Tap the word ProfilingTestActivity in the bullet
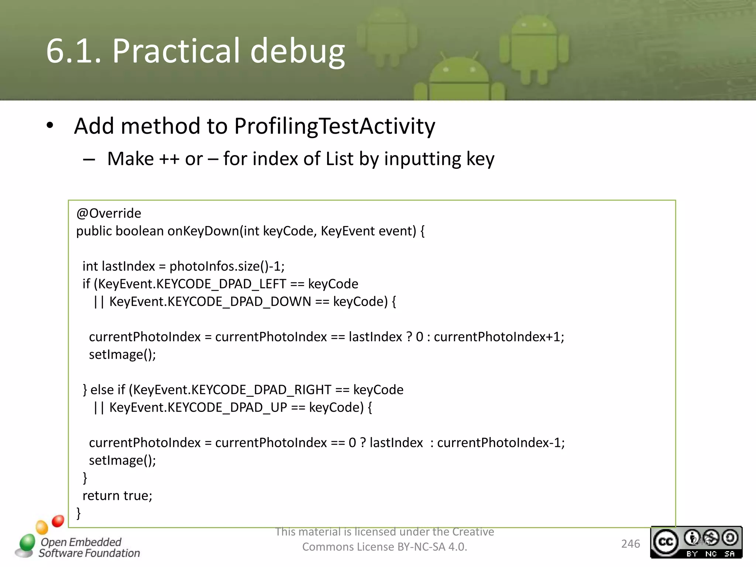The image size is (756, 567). coord(334,126)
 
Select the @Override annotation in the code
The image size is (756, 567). coord(109,213)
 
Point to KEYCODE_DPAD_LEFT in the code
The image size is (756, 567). coord(221,284)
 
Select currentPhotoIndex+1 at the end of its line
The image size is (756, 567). coord(498,337)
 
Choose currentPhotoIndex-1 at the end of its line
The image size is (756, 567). coord(500,443)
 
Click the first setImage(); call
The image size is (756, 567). coord(122,355)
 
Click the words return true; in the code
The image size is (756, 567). coord(117,496)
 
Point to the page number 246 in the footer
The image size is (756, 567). coord(630,544)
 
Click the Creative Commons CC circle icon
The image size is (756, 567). coord(666,542)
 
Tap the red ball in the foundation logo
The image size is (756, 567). coord(58,521)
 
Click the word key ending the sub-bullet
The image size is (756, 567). coord(480,159)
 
